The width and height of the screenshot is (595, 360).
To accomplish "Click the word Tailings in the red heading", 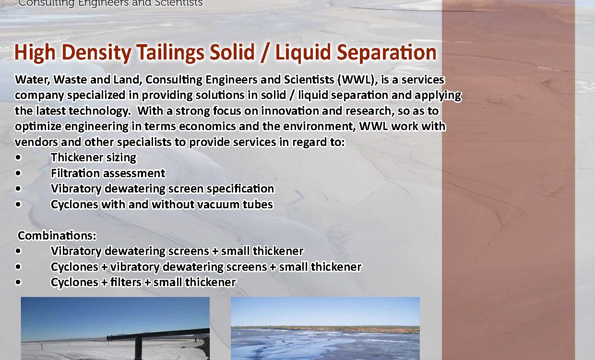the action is [170, 53].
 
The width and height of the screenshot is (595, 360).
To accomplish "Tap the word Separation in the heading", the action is [387, 53].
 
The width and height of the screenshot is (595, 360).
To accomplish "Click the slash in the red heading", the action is [264, 53].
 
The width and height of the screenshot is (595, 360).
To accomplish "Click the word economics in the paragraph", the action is [207, 126].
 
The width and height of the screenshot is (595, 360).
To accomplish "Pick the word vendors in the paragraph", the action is [36, 142].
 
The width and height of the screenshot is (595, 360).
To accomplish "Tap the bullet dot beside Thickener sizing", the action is [18, 157].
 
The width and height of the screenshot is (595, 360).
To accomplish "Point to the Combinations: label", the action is [57, 235].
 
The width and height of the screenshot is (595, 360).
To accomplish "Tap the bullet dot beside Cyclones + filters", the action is [18, 282].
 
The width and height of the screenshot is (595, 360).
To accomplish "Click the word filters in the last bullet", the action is [126, 282].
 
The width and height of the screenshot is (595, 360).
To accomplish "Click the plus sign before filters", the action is [104, 282].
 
